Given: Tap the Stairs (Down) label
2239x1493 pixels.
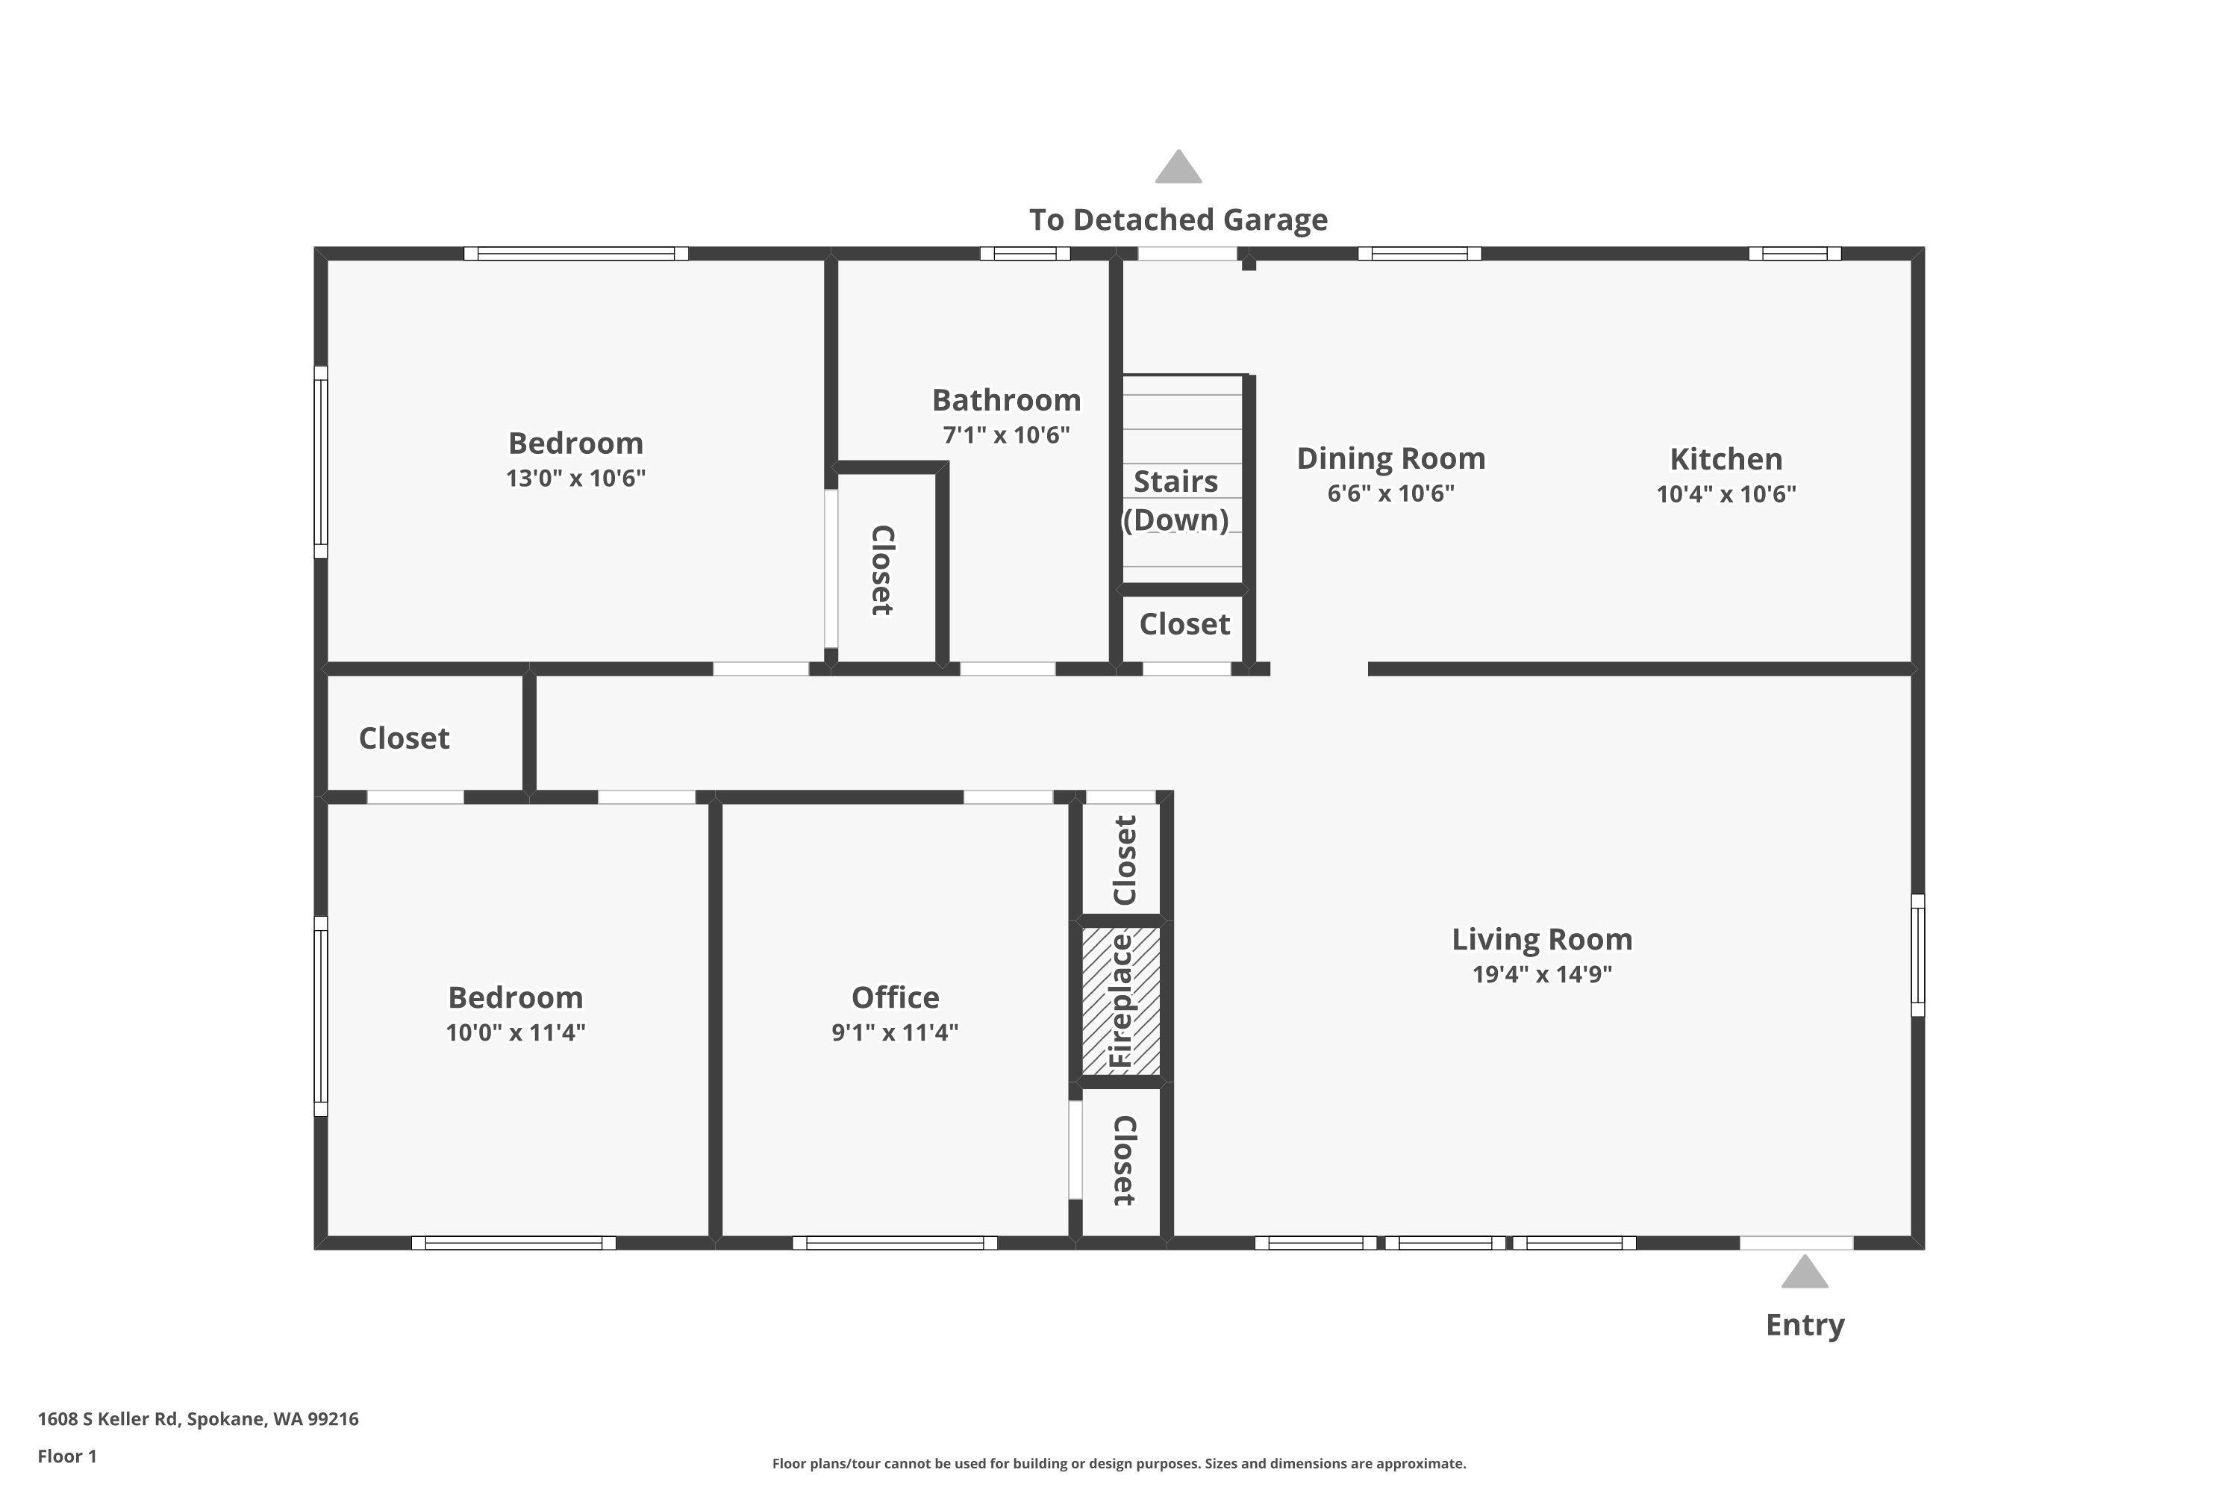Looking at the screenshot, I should click(1175, 501).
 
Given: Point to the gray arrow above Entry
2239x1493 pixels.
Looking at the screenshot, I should click(1804, 1272).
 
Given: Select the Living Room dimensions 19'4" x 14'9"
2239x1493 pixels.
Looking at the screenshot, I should click(1541, 974).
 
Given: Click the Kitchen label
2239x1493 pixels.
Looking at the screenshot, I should click(1725, 459).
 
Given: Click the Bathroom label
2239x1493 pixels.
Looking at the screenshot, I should click(1005, 400).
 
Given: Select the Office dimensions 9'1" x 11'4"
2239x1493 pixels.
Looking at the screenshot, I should click(894, 1032).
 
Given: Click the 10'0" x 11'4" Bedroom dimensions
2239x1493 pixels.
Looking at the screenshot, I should click(515, 1032).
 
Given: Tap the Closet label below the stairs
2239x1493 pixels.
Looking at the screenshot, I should click(1184, 625).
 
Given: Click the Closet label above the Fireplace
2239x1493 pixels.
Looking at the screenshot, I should click(1123, 860).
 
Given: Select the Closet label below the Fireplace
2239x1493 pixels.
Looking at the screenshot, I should click(1123, 1160).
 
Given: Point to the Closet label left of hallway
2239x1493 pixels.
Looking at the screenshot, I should click(404, 738).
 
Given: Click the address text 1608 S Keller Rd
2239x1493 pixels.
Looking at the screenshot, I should click(198, 1419).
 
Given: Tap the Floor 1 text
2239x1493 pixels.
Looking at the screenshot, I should click(66, 1456).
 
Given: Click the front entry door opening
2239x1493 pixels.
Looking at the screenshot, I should click(1796, 1243).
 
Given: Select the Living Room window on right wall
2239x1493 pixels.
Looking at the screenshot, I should click(1917, 955).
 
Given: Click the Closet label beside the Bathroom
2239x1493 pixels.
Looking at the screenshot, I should click(881, 570).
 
